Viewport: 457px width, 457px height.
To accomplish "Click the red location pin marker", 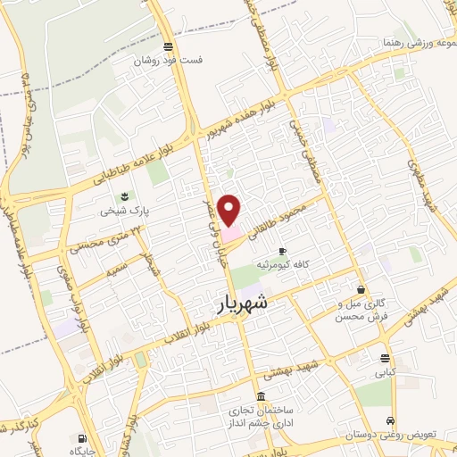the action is [230, 210].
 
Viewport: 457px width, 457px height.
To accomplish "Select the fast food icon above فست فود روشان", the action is [169, 47].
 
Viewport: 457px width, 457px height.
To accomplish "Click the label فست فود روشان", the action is [169, 62].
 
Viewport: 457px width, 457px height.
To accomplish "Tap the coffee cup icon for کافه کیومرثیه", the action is [283, 252].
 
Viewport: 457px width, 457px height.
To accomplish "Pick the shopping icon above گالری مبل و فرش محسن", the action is [361, 290].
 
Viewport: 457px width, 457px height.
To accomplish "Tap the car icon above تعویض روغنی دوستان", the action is [390, 421].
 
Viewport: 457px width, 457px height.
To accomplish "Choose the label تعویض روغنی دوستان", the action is [396, 436].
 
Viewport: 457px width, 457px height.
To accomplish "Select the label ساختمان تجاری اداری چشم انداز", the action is [260, 418].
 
